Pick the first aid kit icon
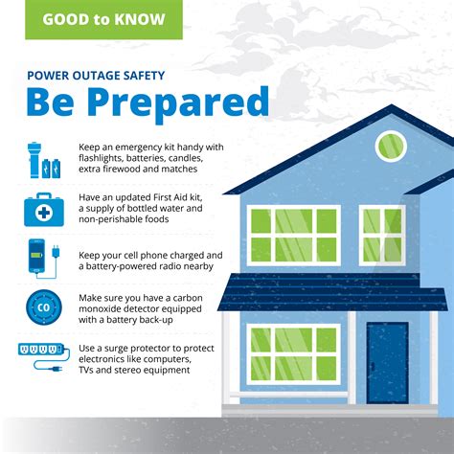point(44,208)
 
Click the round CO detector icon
point(43,310)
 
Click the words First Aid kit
point(183,195)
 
